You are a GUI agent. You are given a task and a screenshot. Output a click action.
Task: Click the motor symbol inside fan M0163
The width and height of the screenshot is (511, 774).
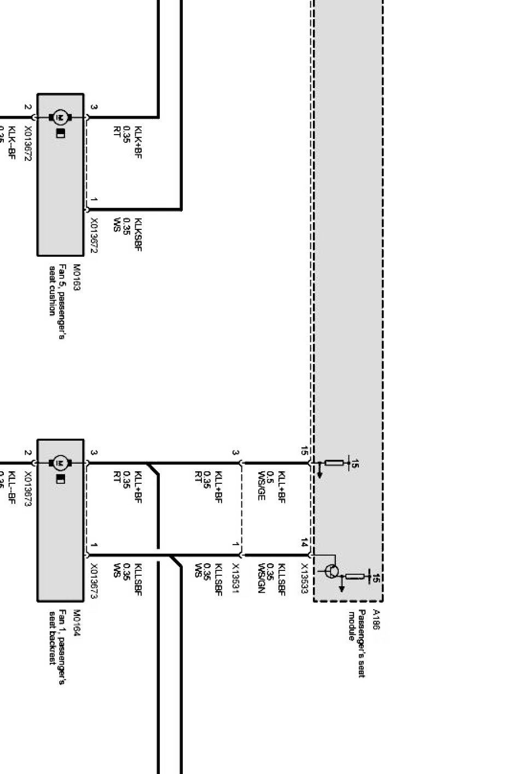tap(60, 117)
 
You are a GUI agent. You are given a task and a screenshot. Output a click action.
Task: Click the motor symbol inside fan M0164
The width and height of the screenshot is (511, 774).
tap(60, 463)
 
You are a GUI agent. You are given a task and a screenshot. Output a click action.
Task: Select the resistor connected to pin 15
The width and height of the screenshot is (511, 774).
tap(334, 463)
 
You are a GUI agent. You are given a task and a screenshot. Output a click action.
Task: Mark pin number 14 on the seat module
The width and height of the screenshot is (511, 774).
tap(304, 543)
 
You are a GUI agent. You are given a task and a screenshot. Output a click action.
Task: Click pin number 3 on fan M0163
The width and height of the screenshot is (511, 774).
tap(94, 107)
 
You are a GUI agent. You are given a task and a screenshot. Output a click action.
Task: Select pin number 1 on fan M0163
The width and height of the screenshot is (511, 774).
tap(94, 200)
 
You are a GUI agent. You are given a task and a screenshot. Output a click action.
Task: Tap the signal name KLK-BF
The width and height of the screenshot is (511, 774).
tap(11, 143)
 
